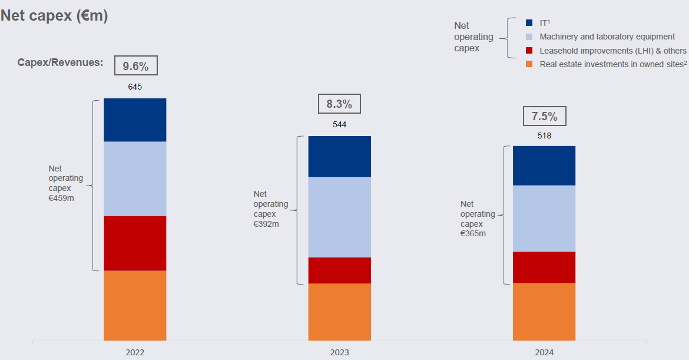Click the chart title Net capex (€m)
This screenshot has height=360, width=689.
click(54, 16)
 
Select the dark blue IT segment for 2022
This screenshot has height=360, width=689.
click(135, 120)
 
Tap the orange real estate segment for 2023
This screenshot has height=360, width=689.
click(339, 312)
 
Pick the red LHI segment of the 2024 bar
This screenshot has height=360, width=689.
click(544, 267)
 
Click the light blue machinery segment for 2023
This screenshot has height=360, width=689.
click(339, 217)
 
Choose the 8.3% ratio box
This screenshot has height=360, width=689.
click(339, 104)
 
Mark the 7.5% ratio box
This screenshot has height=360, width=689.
click(544, 116)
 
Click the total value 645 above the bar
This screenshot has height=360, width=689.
click(135, 87)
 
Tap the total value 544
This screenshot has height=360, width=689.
click(339, 125)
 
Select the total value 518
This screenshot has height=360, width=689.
click(544, 135)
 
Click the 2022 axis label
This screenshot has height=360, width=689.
click(135, 352)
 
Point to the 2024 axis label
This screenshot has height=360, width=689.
click(544, 352)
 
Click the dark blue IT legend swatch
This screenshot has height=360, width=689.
click(529, 23)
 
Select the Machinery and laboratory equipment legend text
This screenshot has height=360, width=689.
click(607, 37)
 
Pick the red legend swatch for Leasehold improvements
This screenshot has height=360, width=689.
click(529, 51)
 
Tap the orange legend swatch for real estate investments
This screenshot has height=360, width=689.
click(529, 64)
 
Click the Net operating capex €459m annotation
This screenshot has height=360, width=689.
click(65, 183)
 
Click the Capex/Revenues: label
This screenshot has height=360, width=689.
click(60, 62)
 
